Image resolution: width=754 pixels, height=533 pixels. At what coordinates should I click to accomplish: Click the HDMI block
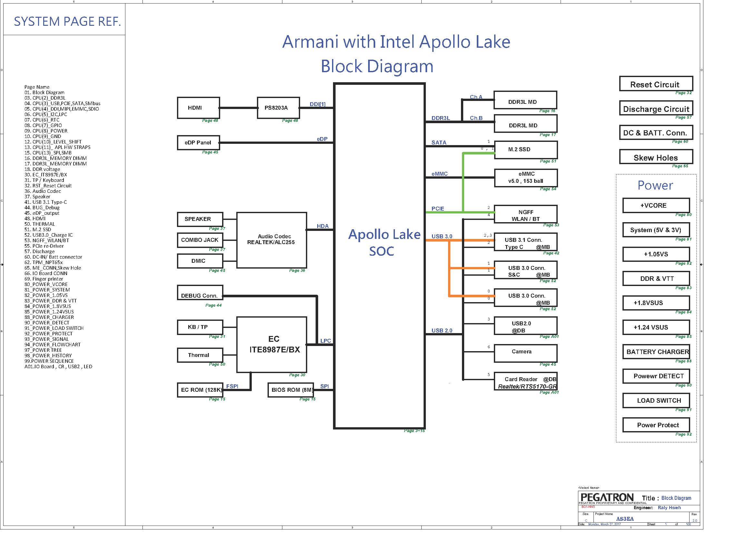click(198, 108)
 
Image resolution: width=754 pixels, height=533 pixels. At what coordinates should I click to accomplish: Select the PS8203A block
click(278, 108)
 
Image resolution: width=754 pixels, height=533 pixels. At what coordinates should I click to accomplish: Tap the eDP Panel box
click(198, 143)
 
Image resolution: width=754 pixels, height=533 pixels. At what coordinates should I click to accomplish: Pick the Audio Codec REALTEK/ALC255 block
click(271, 240)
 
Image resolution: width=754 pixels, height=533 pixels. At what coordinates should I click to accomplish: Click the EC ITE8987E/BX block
click(271, 344)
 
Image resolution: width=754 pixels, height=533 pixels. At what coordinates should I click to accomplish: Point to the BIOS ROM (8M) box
click(291, 390)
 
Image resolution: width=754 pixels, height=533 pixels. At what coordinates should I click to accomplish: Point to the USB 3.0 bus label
click(442, 236)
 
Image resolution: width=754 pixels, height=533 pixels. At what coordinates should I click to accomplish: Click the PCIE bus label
click(438, 209)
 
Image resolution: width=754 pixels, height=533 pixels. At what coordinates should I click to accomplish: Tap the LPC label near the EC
click(326, 341)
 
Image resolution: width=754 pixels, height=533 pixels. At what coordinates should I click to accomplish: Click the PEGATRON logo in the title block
click(607, 498)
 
